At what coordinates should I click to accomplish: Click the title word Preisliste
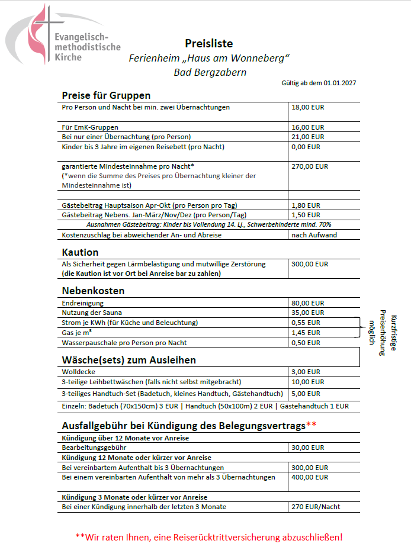tap(208, 43)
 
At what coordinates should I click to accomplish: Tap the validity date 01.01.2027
tap(339, 83)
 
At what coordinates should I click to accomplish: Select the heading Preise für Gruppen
tap(106, 95)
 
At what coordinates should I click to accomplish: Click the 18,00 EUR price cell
tap(308, 108)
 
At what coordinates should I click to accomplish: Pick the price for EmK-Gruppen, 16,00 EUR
tap(308, 127)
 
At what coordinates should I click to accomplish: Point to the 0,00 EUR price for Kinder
tap(306, 147)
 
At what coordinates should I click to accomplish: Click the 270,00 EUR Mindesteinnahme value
tap(310, 166)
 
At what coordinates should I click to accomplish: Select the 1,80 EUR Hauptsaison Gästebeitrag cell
tap(306, 205)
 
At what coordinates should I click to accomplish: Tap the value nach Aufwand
tap(314, 235)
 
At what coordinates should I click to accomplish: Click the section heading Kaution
tap(80, 252)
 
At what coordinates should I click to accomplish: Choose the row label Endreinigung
tap(84, 303)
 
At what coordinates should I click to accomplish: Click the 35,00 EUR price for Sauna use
tap(308, 313)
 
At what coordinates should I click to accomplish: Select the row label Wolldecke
tap(78, 372)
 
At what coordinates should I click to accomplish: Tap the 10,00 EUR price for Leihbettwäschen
tap(308, 382)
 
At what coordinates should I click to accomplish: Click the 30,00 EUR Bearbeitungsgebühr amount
tap(308, 448)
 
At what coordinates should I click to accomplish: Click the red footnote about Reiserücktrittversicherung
tap(209, 537)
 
